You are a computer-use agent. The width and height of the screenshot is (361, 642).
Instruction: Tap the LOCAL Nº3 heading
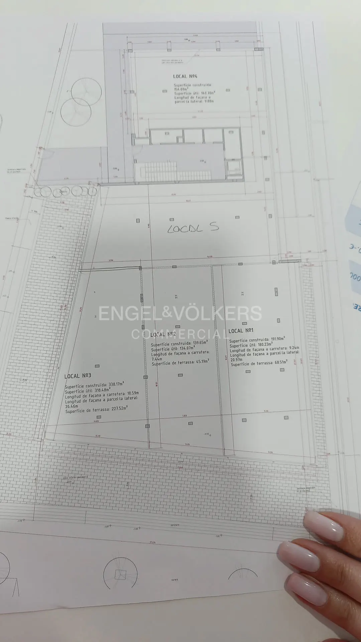click(x=78, y=376)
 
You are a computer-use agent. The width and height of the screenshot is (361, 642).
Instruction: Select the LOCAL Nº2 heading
click(x=163, y=334)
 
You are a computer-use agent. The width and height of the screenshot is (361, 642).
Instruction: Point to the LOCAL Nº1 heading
click(x=241, y=331)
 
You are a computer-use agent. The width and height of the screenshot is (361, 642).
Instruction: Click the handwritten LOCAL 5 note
click(x=193, y=228)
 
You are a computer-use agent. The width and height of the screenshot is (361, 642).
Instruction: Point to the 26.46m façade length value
click(x=72, y=406)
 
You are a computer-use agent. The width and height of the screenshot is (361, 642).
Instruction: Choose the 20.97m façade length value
click(x=236, y=360)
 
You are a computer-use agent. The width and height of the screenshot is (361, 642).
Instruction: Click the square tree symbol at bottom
click(x=120, y=574)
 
